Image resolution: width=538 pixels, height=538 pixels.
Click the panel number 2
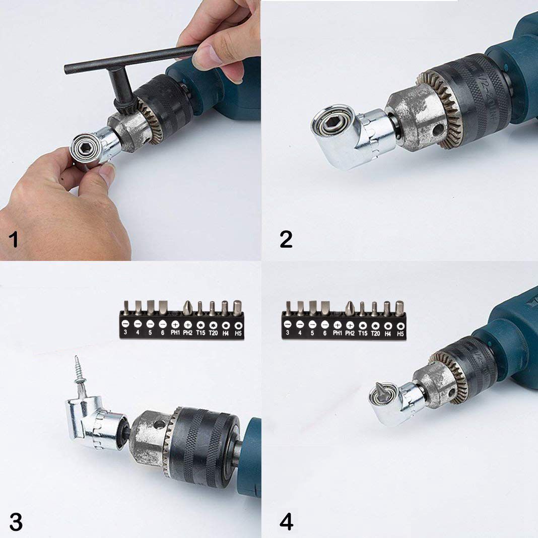coord(286,239)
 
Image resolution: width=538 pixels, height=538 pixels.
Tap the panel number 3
coord(16,522)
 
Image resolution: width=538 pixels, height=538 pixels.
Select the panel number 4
coord(286,522)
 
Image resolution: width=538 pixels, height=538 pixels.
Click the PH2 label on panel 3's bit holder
coord(187,333)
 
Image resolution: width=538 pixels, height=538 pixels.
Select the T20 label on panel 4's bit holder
coord(375,333)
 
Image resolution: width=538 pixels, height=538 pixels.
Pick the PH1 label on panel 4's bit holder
coord(338,333)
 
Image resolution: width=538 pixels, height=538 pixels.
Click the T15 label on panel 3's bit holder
coord(200,333)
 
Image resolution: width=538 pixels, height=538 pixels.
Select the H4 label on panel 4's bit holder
coord(387,333)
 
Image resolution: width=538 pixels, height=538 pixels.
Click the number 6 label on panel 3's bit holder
coord(162,333)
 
